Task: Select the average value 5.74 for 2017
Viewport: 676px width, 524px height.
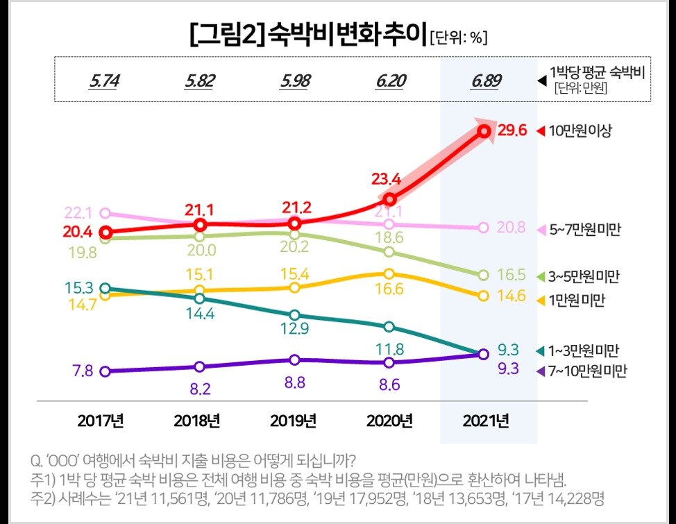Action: tap(104, 81)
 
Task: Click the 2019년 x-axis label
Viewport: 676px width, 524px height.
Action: tap(294, 421)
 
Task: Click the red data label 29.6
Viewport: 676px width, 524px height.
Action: tap(514, 130)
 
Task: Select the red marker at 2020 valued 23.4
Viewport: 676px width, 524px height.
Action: tap(389, 199)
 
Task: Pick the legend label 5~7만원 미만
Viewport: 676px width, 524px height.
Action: tap(586, 228)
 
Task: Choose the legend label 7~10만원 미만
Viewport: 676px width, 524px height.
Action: tap(587, 371)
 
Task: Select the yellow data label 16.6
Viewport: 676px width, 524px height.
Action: tap(389, 289)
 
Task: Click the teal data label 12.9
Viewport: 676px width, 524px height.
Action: tap(295, 330)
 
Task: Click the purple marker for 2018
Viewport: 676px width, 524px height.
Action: tap(200, 366)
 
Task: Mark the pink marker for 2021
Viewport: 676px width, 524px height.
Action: tap(484, 228)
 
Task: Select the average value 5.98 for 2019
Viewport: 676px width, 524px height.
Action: tap(295, 81)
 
